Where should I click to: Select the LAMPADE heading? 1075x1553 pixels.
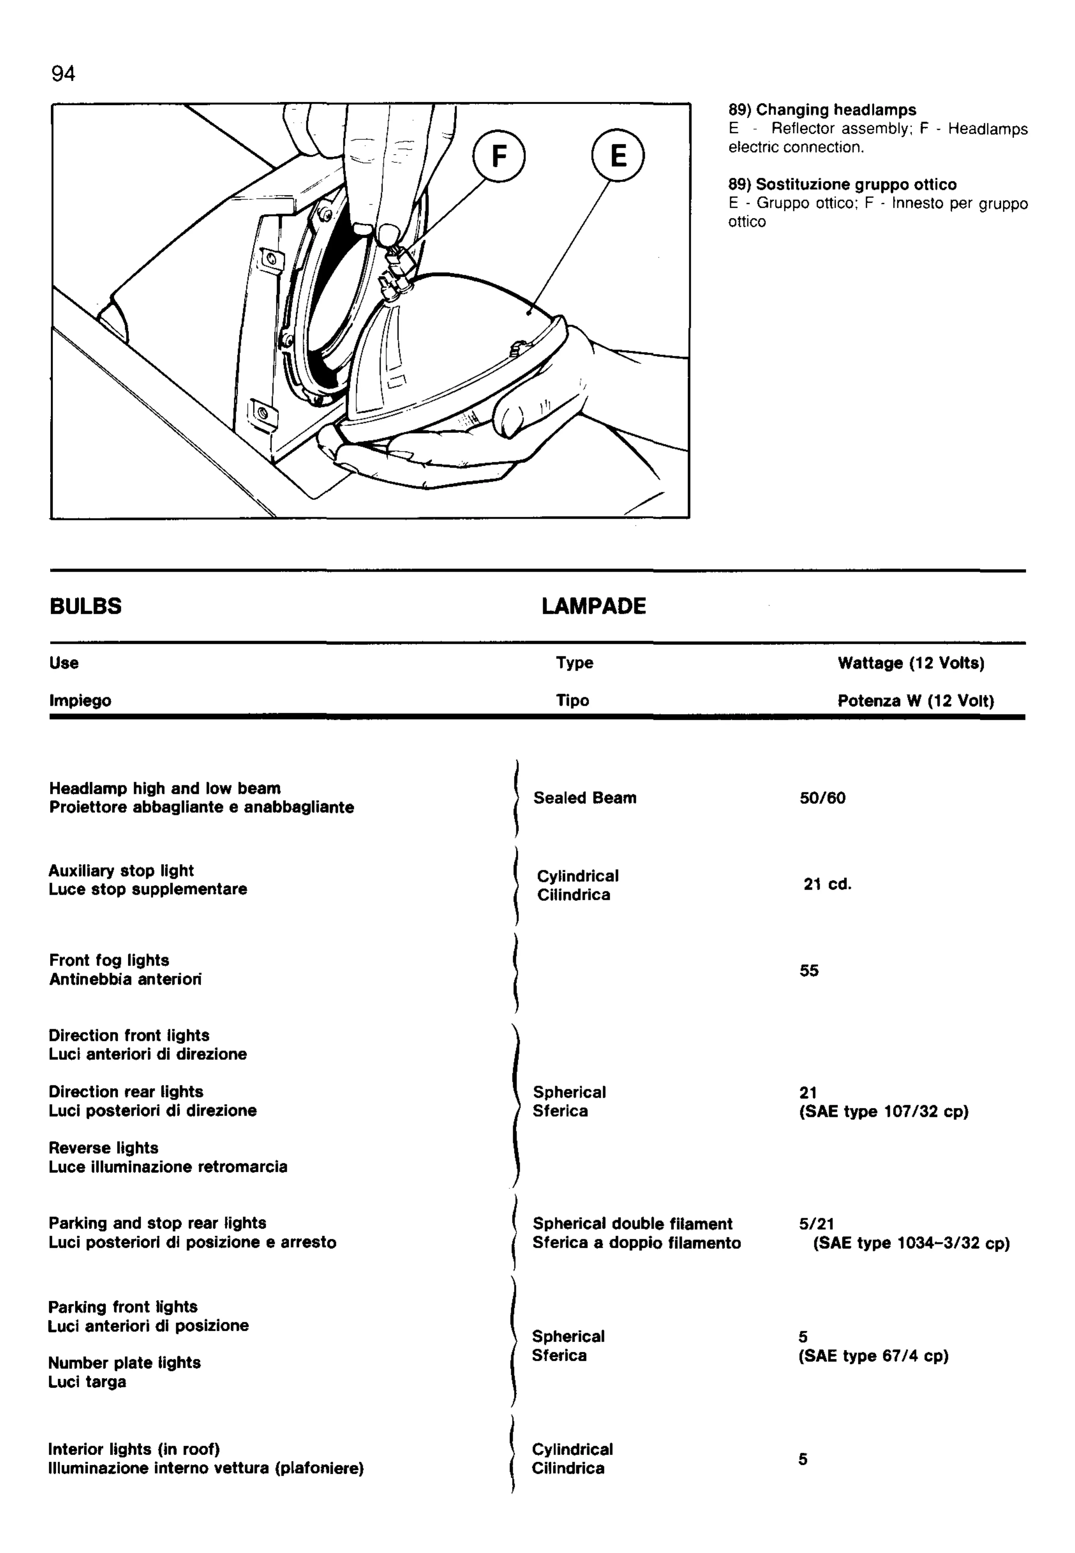click(593, 606)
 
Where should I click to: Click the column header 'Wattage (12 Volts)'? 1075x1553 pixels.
click(911, 663)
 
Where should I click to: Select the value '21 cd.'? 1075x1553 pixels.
click(827, 884)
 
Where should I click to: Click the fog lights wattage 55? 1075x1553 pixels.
click(809, 971)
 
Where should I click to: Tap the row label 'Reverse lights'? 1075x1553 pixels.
click(103, 1148)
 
